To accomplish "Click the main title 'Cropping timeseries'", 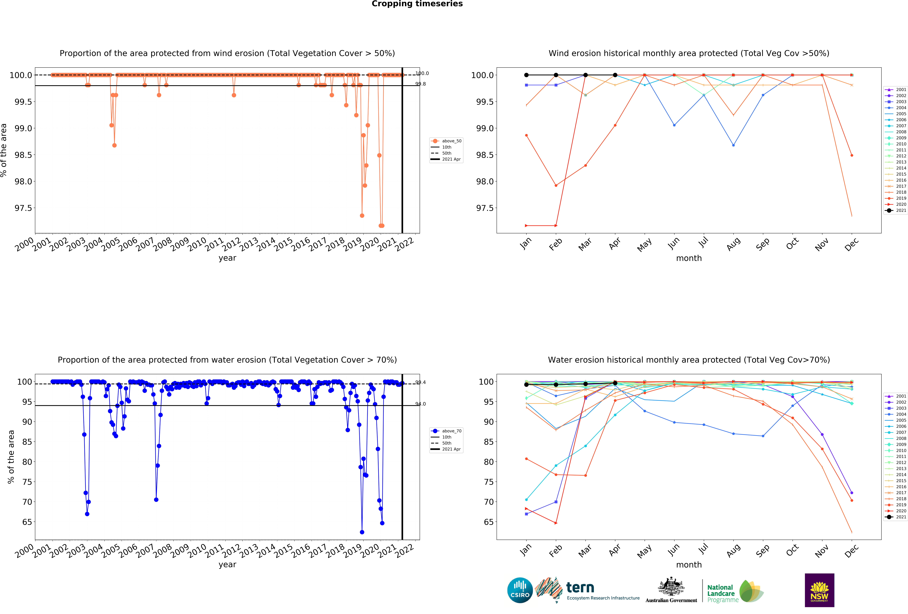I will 417,4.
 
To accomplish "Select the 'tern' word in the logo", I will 580,587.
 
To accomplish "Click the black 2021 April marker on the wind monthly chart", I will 615,75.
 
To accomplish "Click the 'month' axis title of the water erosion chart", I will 689,565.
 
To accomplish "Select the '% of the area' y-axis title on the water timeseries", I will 11,457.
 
